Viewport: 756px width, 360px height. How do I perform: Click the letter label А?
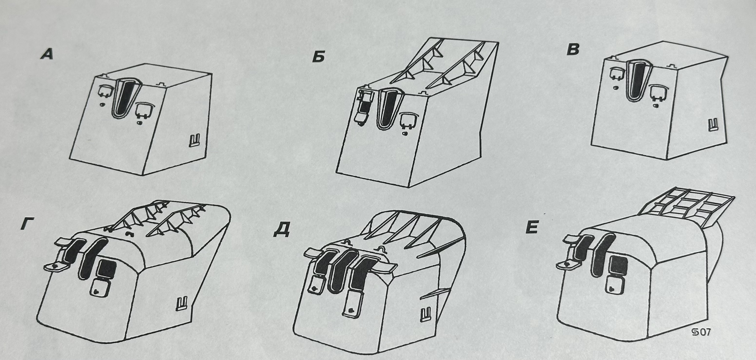[x=47, y=55]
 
